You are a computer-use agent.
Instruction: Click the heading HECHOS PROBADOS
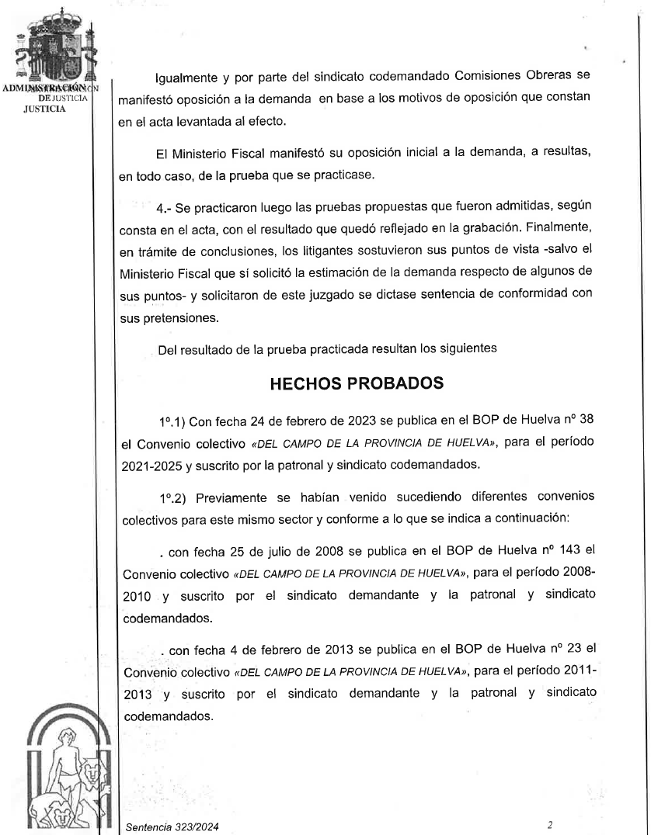click(357, 384)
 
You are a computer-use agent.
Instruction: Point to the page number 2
click(549, 826)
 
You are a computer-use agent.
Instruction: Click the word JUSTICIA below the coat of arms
click(45, 109)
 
